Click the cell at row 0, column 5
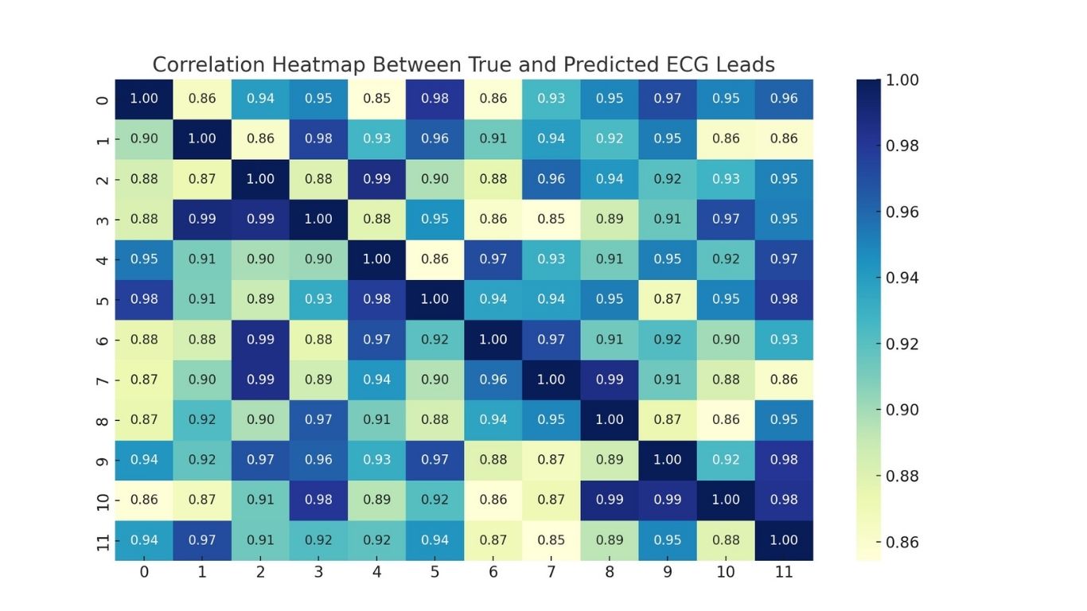point(435,99)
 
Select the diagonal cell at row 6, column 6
point(493,340)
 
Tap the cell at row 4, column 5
point(435,259)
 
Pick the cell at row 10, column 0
point(144,500)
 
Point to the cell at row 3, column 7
point(551,219)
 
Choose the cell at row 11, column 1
point(202,540)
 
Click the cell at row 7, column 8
point(610,379)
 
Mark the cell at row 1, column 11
point(784,138)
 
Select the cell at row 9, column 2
point(260,460)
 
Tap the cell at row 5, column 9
point(668,299)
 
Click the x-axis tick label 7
point(551,573)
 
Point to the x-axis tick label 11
point(784,573)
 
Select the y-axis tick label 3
point(102,219)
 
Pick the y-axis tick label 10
point(102,500)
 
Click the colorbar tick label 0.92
point(902,344)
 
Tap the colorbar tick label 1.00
point(902,80)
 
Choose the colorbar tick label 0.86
point(902,543)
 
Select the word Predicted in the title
point(600,64)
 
